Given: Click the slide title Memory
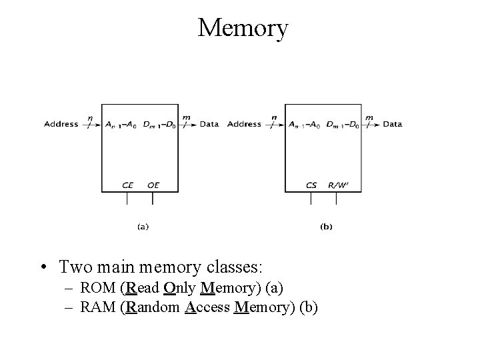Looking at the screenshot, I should [243, 28].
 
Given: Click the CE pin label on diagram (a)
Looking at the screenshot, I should [128, 185].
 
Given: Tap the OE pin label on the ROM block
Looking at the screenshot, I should [153, 185].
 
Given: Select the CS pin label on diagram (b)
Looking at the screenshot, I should [311, 185].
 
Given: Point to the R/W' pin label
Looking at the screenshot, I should [339, 185].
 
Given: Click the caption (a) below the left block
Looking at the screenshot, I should [143, 227].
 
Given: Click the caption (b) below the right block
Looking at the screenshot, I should [326, 227].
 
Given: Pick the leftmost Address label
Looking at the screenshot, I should [61, 124].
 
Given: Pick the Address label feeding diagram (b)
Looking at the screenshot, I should [244, 124].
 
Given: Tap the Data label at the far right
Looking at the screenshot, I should [393, 124].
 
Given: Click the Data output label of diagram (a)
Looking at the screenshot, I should [209, 124].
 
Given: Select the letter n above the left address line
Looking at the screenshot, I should [90, 117].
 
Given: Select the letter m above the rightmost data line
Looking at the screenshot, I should [369, 117].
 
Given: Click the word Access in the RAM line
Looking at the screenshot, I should [207, 307].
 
